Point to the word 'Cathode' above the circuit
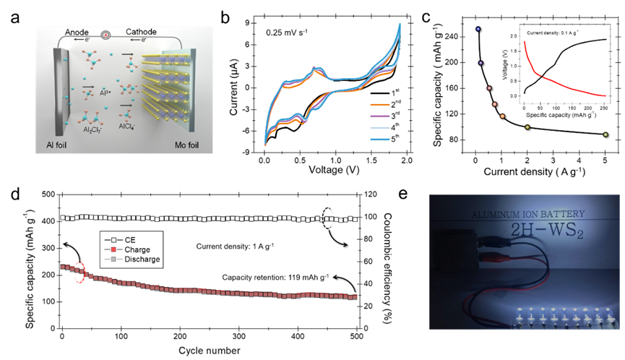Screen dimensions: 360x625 pos(142,33)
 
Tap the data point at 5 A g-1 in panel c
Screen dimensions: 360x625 pos(605,134)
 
